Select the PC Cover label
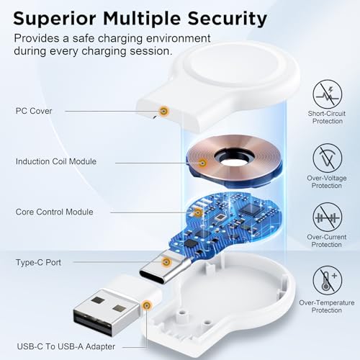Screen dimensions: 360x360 click(33, 111)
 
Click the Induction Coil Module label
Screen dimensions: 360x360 click(55, 161)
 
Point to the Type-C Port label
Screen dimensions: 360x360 click(37, 263)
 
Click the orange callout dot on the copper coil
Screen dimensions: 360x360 click(203, 163)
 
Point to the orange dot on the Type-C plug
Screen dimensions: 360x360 click(166, 263)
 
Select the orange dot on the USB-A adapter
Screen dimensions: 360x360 click(147, 305)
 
